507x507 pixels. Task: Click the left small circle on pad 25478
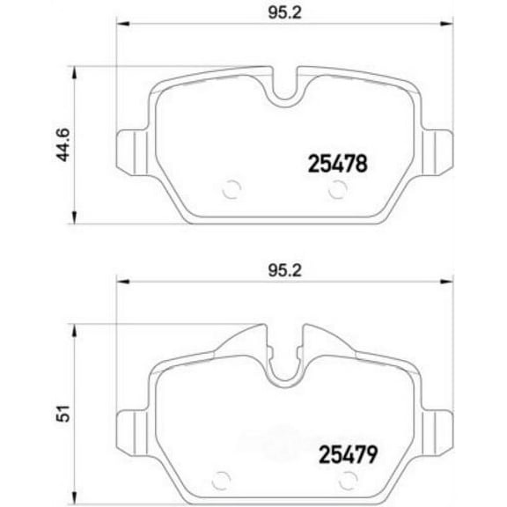click(231, 188)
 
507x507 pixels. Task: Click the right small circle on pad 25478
click(335, 188)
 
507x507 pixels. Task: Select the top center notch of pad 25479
click(283, 371)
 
